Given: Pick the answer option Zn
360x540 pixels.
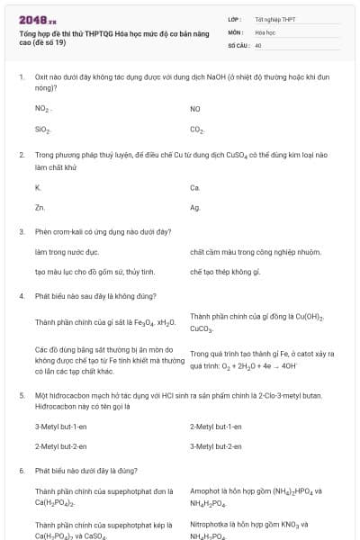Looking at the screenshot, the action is click(x=40, y=208).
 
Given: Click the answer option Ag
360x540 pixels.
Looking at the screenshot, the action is click(x=195, y=208).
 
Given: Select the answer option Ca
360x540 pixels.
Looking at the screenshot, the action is click(x=194, y=187).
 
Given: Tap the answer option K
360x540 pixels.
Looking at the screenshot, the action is click(x=38, y=187).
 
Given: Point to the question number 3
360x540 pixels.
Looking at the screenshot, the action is click(x=22, y=231).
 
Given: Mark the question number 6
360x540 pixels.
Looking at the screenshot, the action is click(x=22, y=470).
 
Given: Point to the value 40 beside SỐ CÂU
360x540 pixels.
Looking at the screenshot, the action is click(x=258, y=44).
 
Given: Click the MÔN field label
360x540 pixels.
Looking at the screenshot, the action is click(x=235, y=31).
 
